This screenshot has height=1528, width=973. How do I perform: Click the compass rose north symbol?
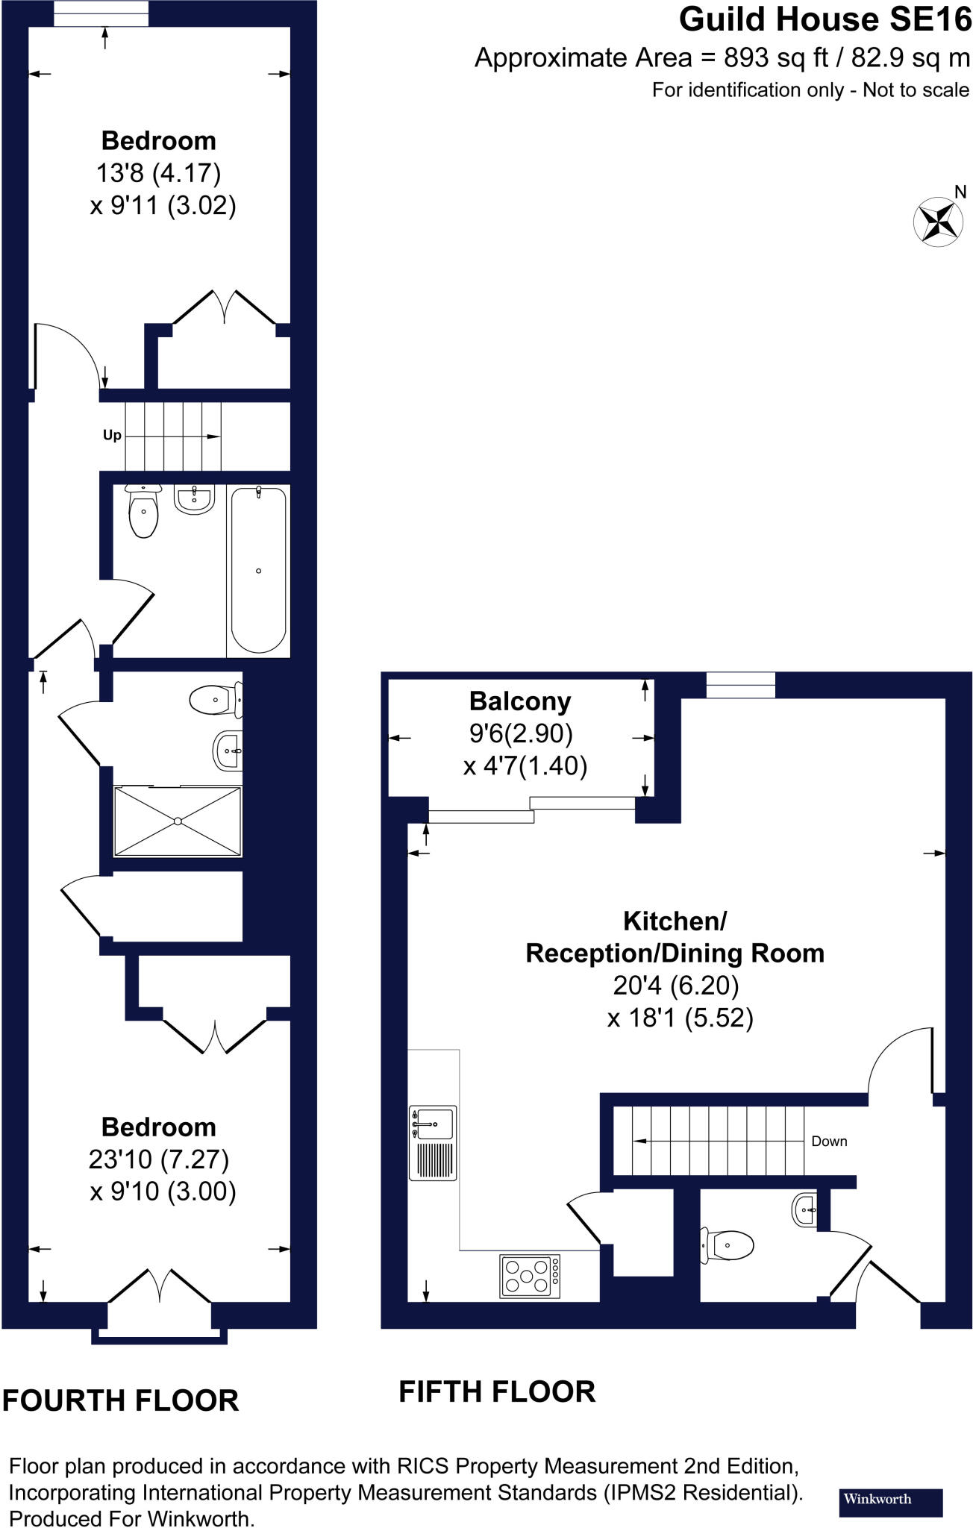(x=937, y=220)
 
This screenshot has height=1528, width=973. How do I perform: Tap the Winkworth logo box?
(x=891, y=1502)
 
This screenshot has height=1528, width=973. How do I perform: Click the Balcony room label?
(x=520, y=701)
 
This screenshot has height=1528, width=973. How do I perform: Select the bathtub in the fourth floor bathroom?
(x=258, y=571)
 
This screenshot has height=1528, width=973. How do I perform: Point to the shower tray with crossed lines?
(x=178, y=821)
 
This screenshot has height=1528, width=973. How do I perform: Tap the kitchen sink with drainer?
(x=433, y=1142)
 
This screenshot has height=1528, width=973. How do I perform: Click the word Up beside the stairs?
(x=112, y=435)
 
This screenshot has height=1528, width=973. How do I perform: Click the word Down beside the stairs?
(x=829, y=1141)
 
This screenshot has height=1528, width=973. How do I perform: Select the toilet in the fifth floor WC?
(x=728, y=1244)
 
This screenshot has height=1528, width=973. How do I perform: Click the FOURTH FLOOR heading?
(x=120, y=1400)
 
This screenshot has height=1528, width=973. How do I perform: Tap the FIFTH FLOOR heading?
(x=497, y=1391)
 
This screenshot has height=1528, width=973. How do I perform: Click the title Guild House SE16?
(x=825, y=20)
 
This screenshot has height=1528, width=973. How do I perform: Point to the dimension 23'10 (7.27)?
(x=158, y=1159)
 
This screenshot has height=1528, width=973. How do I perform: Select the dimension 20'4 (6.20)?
(x=675, y=986)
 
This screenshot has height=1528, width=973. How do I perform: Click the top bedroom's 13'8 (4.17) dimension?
(x=158, y=173)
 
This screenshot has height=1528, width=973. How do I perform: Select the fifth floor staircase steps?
(x=709, y=1140)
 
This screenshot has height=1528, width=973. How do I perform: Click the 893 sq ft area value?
(x=763, y=57)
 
